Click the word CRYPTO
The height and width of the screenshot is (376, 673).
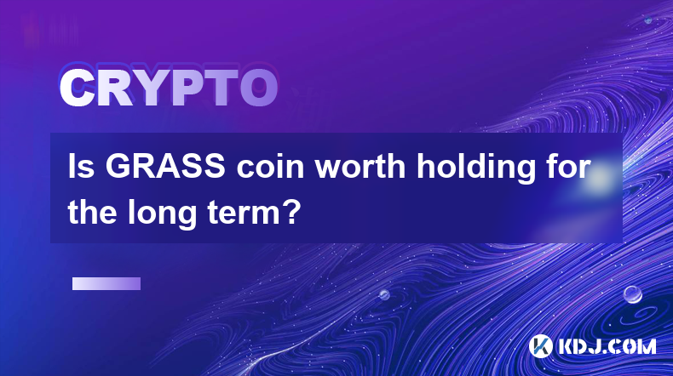pyautogui.click(x=169, y=88)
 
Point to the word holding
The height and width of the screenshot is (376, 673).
pyautogui.click(x=476, y=169)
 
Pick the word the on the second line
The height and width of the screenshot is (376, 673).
pyautogui.click(x=93, y=212)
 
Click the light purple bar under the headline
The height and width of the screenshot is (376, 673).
pyautogui.click(x=106, y=284)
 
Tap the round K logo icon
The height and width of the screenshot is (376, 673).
pyautogui.click(x=541, y=346)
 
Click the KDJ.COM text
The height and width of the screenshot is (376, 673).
pyautogui.click(x=607, y=346)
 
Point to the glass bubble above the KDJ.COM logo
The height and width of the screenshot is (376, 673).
pyautogui.click(x=632, y=294)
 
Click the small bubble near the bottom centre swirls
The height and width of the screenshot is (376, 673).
pyautogui.click(x=384, y=294)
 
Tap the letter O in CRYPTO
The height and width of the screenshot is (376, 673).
pyautogui.click(x=259, y=88)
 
